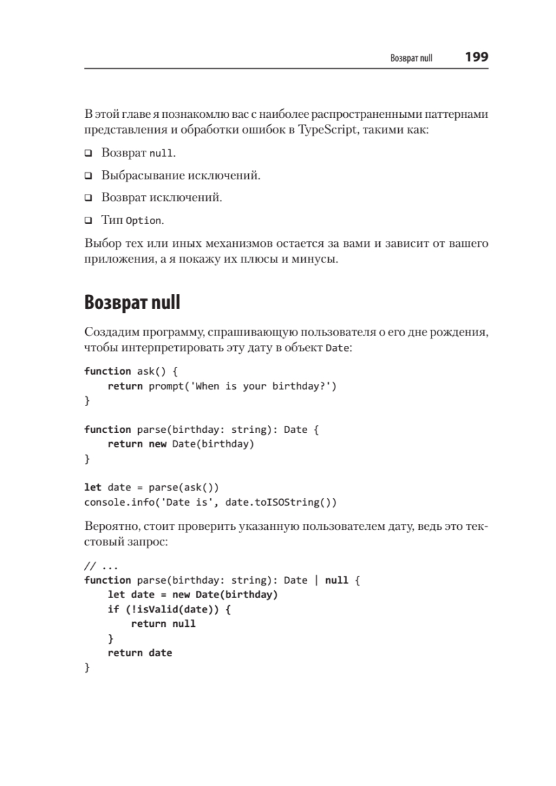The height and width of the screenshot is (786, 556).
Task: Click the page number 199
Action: (476, 57)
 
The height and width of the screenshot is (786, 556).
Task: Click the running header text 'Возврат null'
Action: (411, 58)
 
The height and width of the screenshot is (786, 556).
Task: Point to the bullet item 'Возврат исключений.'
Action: (161, 197)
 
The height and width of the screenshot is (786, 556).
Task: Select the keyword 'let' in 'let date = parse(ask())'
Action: (92, 488)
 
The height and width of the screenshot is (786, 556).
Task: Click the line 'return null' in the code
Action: (163, 624)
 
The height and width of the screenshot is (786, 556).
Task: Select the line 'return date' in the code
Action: (139, 652)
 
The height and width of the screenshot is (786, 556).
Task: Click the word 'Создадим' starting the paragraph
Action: (109, 333)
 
